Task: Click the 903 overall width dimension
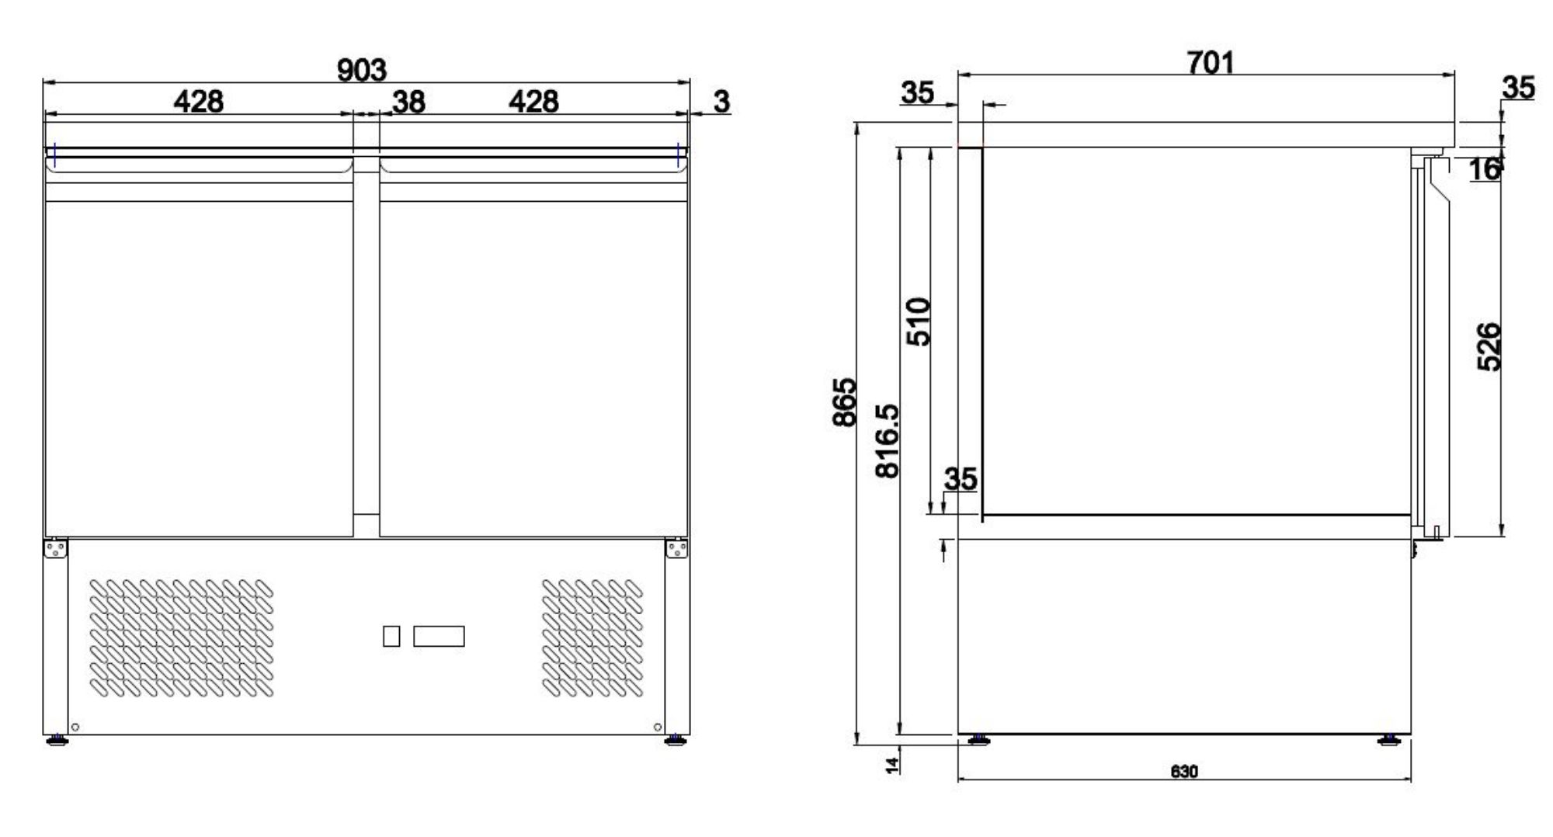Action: (x=361, y=71)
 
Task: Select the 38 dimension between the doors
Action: (x=408, y=102)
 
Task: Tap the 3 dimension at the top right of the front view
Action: (x=721, y=102)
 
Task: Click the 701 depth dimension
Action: (x=1210, y=62)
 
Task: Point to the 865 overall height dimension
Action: (x=844, y=401)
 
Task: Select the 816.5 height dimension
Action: (x=887, y=440)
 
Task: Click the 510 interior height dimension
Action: (x=919, y=321)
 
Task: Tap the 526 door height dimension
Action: (x=1489, y=347)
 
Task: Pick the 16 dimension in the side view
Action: (x=1484, y=169)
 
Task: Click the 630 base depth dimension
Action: (x=1183, y=772)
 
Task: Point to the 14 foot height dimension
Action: (x=893, y=764)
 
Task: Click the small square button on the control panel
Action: (x=391, y=637)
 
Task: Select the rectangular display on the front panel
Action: (x=439, y=637)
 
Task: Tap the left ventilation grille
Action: (x=182, y=637)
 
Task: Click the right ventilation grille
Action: (x=592, y=637)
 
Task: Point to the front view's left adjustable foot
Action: (x=56, y=740)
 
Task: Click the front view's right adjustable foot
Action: (x=676, y=740)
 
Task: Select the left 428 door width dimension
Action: (x=198, y=102)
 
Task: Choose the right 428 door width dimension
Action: (x=533, y=102)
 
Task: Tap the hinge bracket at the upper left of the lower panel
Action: (x=55, y=549)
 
